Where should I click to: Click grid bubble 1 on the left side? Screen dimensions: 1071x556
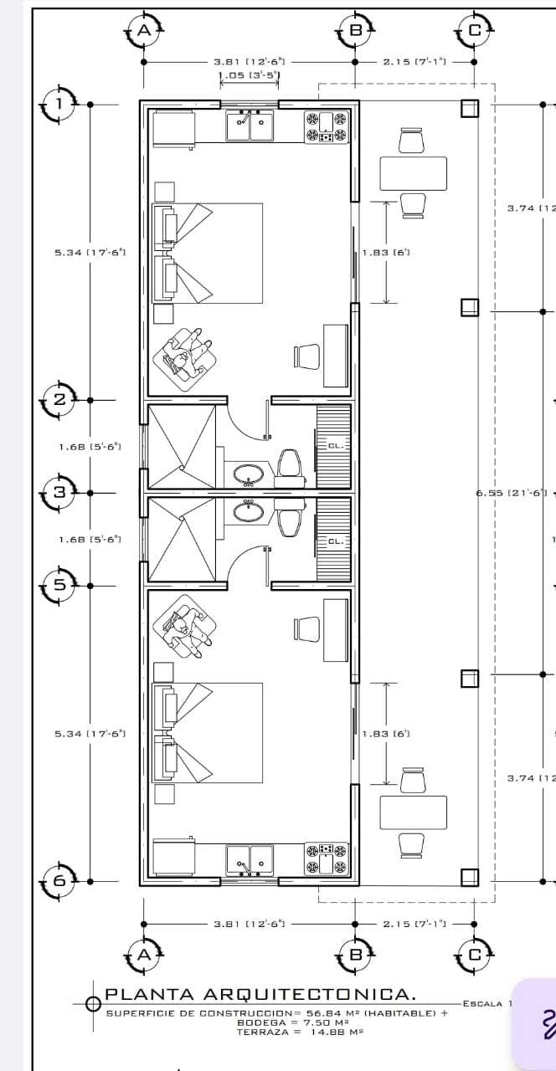[x=59, y=105]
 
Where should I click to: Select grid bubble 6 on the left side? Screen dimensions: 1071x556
[x=59, y=880]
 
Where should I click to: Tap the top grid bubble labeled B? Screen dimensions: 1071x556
[x=355, y=31]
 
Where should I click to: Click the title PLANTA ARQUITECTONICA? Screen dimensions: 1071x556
[x=260, y=995]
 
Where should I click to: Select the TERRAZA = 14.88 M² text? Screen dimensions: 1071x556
[x=299, y=1033]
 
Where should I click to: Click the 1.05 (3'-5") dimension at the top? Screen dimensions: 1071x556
[x=249, y=75]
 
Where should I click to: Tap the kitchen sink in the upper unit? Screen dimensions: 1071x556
[x=250, y=126]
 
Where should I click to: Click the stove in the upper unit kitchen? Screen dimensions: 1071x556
[x=327, y=126]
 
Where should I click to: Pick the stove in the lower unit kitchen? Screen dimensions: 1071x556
[x=327, y=858]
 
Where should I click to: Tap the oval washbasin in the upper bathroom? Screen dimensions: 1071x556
[x=248, y=475]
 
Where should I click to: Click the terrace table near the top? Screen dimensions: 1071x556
[x=414, y=173]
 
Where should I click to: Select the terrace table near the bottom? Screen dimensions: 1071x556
[x=414, y=812]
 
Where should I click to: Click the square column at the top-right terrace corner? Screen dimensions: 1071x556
[x=469, y=109]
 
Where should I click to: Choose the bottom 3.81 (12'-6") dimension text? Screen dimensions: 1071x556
[x=250, y=924]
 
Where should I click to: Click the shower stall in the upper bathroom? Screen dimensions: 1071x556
[x=181, y=446]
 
